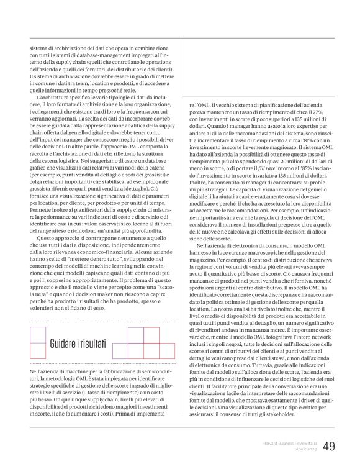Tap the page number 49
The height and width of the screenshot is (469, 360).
click(x=329, y=446)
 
